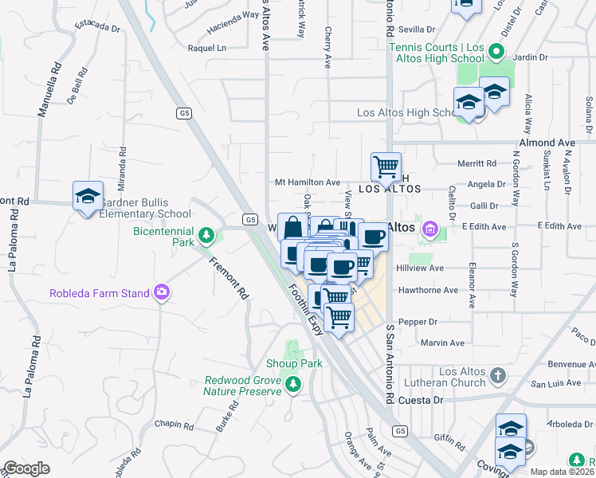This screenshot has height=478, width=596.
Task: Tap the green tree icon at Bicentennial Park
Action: pyautogui.click(x=206, y=236)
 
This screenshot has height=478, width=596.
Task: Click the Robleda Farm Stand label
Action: pyautogui.click(x=100, y=293)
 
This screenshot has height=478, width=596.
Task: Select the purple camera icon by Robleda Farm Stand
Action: pyautogui.click(x=162, y=293)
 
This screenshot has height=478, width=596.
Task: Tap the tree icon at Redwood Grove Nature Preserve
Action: pyautogui.click(x=294, y=386)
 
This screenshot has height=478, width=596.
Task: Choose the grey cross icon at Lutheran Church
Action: pyautogui.click(x=497, y=374)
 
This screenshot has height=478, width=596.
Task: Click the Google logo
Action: pyautogui.click(x=26, y=468)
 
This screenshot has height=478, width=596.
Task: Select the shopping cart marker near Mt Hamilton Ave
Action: pyautogui.click(x=386, y=167)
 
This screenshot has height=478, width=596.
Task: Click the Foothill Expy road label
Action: pyautogui.click(x=305, y=308)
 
